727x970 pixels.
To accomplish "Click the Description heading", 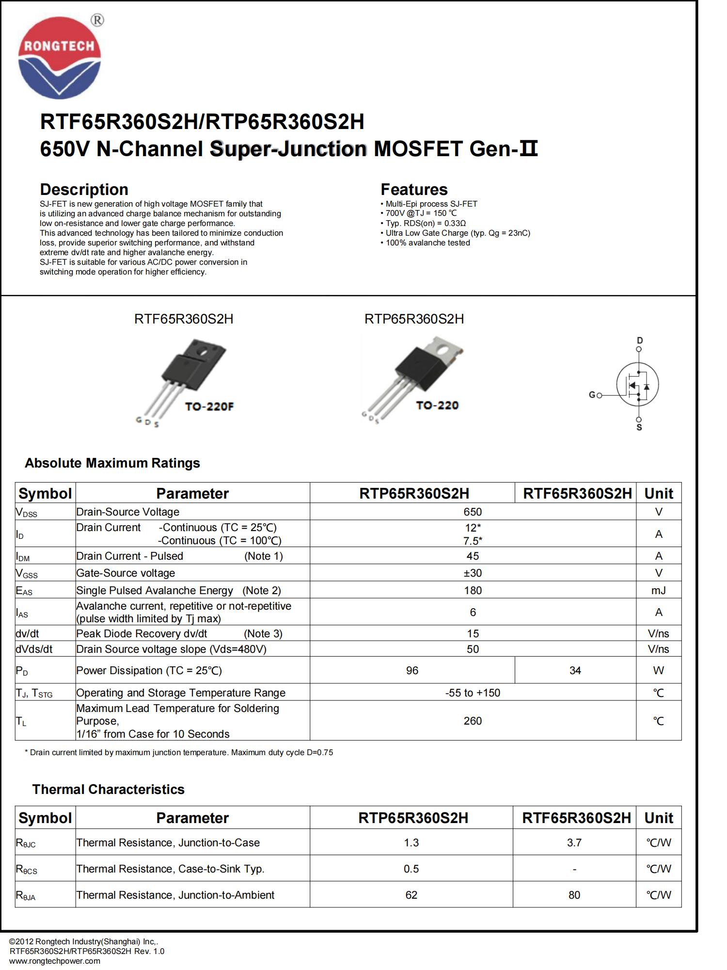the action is [x=84, y=189].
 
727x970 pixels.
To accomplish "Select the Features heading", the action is [x=414, y=189].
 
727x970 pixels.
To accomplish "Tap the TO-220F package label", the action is [x=209, y=406].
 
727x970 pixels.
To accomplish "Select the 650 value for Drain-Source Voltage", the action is [x=473, y=512].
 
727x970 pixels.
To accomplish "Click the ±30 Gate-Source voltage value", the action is [x=473, y=573].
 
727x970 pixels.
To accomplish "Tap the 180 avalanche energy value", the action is [x=473, y=590].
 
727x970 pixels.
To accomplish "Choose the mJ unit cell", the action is [x=658, y=590].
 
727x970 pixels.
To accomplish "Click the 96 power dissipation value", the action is [x=412, y=670].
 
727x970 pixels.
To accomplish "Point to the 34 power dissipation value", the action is [x=575, y=670].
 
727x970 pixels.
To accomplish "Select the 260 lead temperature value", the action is [x=473, y=721].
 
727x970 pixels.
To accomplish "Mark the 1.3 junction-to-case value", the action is [x=411, y=842].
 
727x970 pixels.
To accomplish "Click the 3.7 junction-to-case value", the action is [x=574, y=842].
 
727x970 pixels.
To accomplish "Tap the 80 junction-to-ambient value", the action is [x=574, y=895].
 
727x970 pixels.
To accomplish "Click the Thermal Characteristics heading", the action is [x=108, y=789].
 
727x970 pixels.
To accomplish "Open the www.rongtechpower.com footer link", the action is [x=55, y=961].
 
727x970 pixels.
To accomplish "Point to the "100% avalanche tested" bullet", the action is [x=427, y=242].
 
